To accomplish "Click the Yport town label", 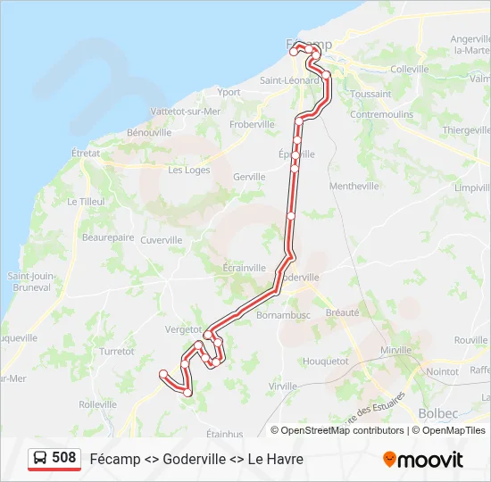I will [229, 92].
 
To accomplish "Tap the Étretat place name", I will [86, 154].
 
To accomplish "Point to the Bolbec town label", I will [437, 413].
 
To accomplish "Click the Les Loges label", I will [188, 170].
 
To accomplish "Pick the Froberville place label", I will [252, 125].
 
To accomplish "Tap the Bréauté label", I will [342, 312].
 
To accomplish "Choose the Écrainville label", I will [244, 268].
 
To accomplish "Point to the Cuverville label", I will [161, 240].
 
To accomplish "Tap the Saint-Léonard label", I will [289, 80].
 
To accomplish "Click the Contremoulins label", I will [382, 115].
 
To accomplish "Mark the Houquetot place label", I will [326, 361].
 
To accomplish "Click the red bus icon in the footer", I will [41, 459].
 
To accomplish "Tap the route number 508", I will [63, 458].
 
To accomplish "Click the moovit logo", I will [423, 460].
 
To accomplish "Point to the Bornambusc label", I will [282, 316].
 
